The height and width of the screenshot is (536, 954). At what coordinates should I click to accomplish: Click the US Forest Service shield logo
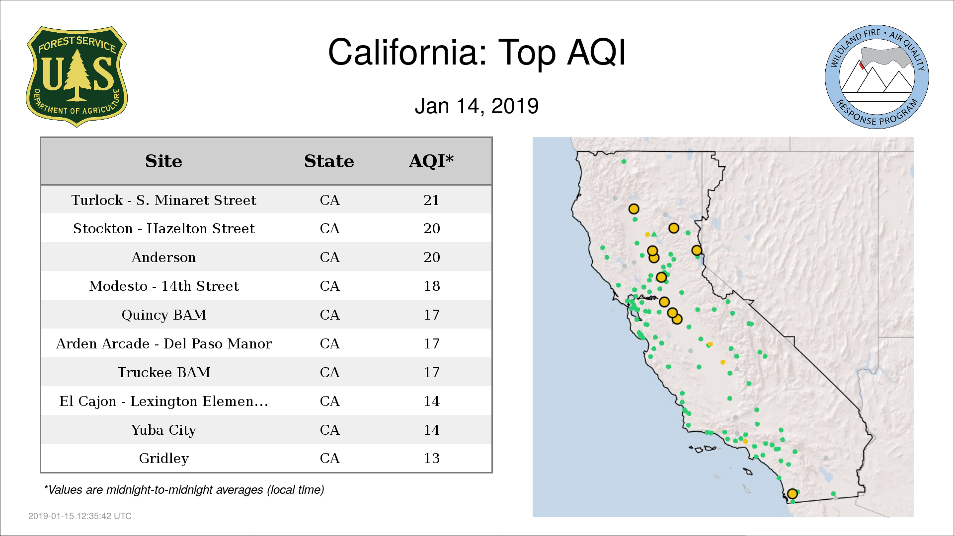click(x=77, y=76)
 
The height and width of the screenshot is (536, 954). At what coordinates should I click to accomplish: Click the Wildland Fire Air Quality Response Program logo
click(x=877, y=77)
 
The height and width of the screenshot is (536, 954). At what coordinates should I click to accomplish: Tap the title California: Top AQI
click(x=477, y=52)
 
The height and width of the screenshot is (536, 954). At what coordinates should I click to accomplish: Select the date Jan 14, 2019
click(x=477, y=106)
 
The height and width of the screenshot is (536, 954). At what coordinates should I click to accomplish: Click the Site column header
click(x=163, y=161)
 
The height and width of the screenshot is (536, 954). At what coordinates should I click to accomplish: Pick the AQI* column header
click(x=431, y=161)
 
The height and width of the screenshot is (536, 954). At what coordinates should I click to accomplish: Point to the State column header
click(x=329, y=161)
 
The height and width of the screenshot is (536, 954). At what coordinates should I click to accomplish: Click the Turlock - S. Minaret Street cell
click(x=163, y=200)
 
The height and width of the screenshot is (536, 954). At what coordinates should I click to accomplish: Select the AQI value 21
click(x=431, y=200)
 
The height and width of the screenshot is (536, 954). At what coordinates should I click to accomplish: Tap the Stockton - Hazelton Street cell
click(x=163, y=228)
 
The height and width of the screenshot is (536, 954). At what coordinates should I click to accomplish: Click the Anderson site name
click(x=163, y=257)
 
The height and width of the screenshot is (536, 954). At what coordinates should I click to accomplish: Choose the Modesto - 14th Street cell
click(x=163, y=286)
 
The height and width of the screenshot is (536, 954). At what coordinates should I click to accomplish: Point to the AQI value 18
click(x=432, y=286)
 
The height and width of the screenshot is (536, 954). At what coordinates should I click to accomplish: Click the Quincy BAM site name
click(x=163, y=315)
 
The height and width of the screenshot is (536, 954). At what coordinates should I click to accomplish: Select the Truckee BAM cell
click(x=163, y=372)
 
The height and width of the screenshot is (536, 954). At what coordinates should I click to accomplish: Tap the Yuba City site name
click(x=163, y=430)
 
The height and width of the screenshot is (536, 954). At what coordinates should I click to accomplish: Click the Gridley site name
click(x=163, y=458)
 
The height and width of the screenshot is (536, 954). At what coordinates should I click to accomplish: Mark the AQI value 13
click(x=432, y=458)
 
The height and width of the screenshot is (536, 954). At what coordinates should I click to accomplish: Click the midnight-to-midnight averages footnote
click(x=184, y=490)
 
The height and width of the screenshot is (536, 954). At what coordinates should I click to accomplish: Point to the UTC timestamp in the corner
click(x=79, y=516)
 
